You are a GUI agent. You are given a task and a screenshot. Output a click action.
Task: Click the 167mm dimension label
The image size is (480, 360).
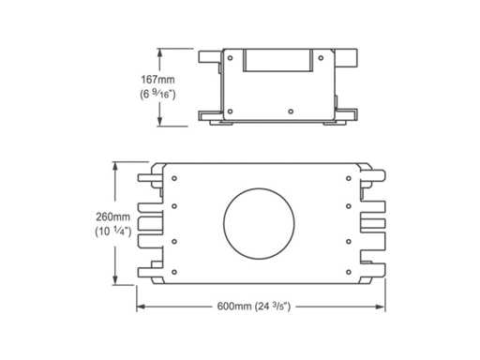click(x=157, y=80)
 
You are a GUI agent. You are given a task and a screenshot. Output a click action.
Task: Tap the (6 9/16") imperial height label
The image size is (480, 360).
click(x=157, y=94)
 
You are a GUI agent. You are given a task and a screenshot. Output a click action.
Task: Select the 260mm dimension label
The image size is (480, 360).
click(x=112, y=217)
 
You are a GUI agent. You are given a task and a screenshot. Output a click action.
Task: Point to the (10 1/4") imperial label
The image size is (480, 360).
click(x=113, y=232)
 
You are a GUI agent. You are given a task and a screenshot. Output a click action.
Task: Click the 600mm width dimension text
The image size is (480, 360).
click(x=234, y=307)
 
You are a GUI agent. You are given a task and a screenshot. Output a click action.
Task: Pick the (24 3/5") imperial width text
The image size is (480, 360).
click(x=273, y=307)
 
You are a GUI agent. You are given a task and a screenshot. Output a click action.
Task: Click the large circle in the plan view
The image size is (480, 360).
click(x=259, y=223)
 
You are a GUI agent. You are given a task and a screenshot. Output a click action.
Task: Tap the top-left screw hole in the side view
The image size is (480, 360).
click(x=231, y=58)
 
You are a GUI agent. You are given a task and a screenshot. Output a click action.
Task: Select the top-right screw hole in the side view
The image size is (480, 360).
click(x=321, y=58)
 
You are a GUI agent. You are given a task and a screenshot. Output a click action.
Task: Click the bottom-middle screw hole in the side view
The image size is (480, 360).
click(x=291, y=112)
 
